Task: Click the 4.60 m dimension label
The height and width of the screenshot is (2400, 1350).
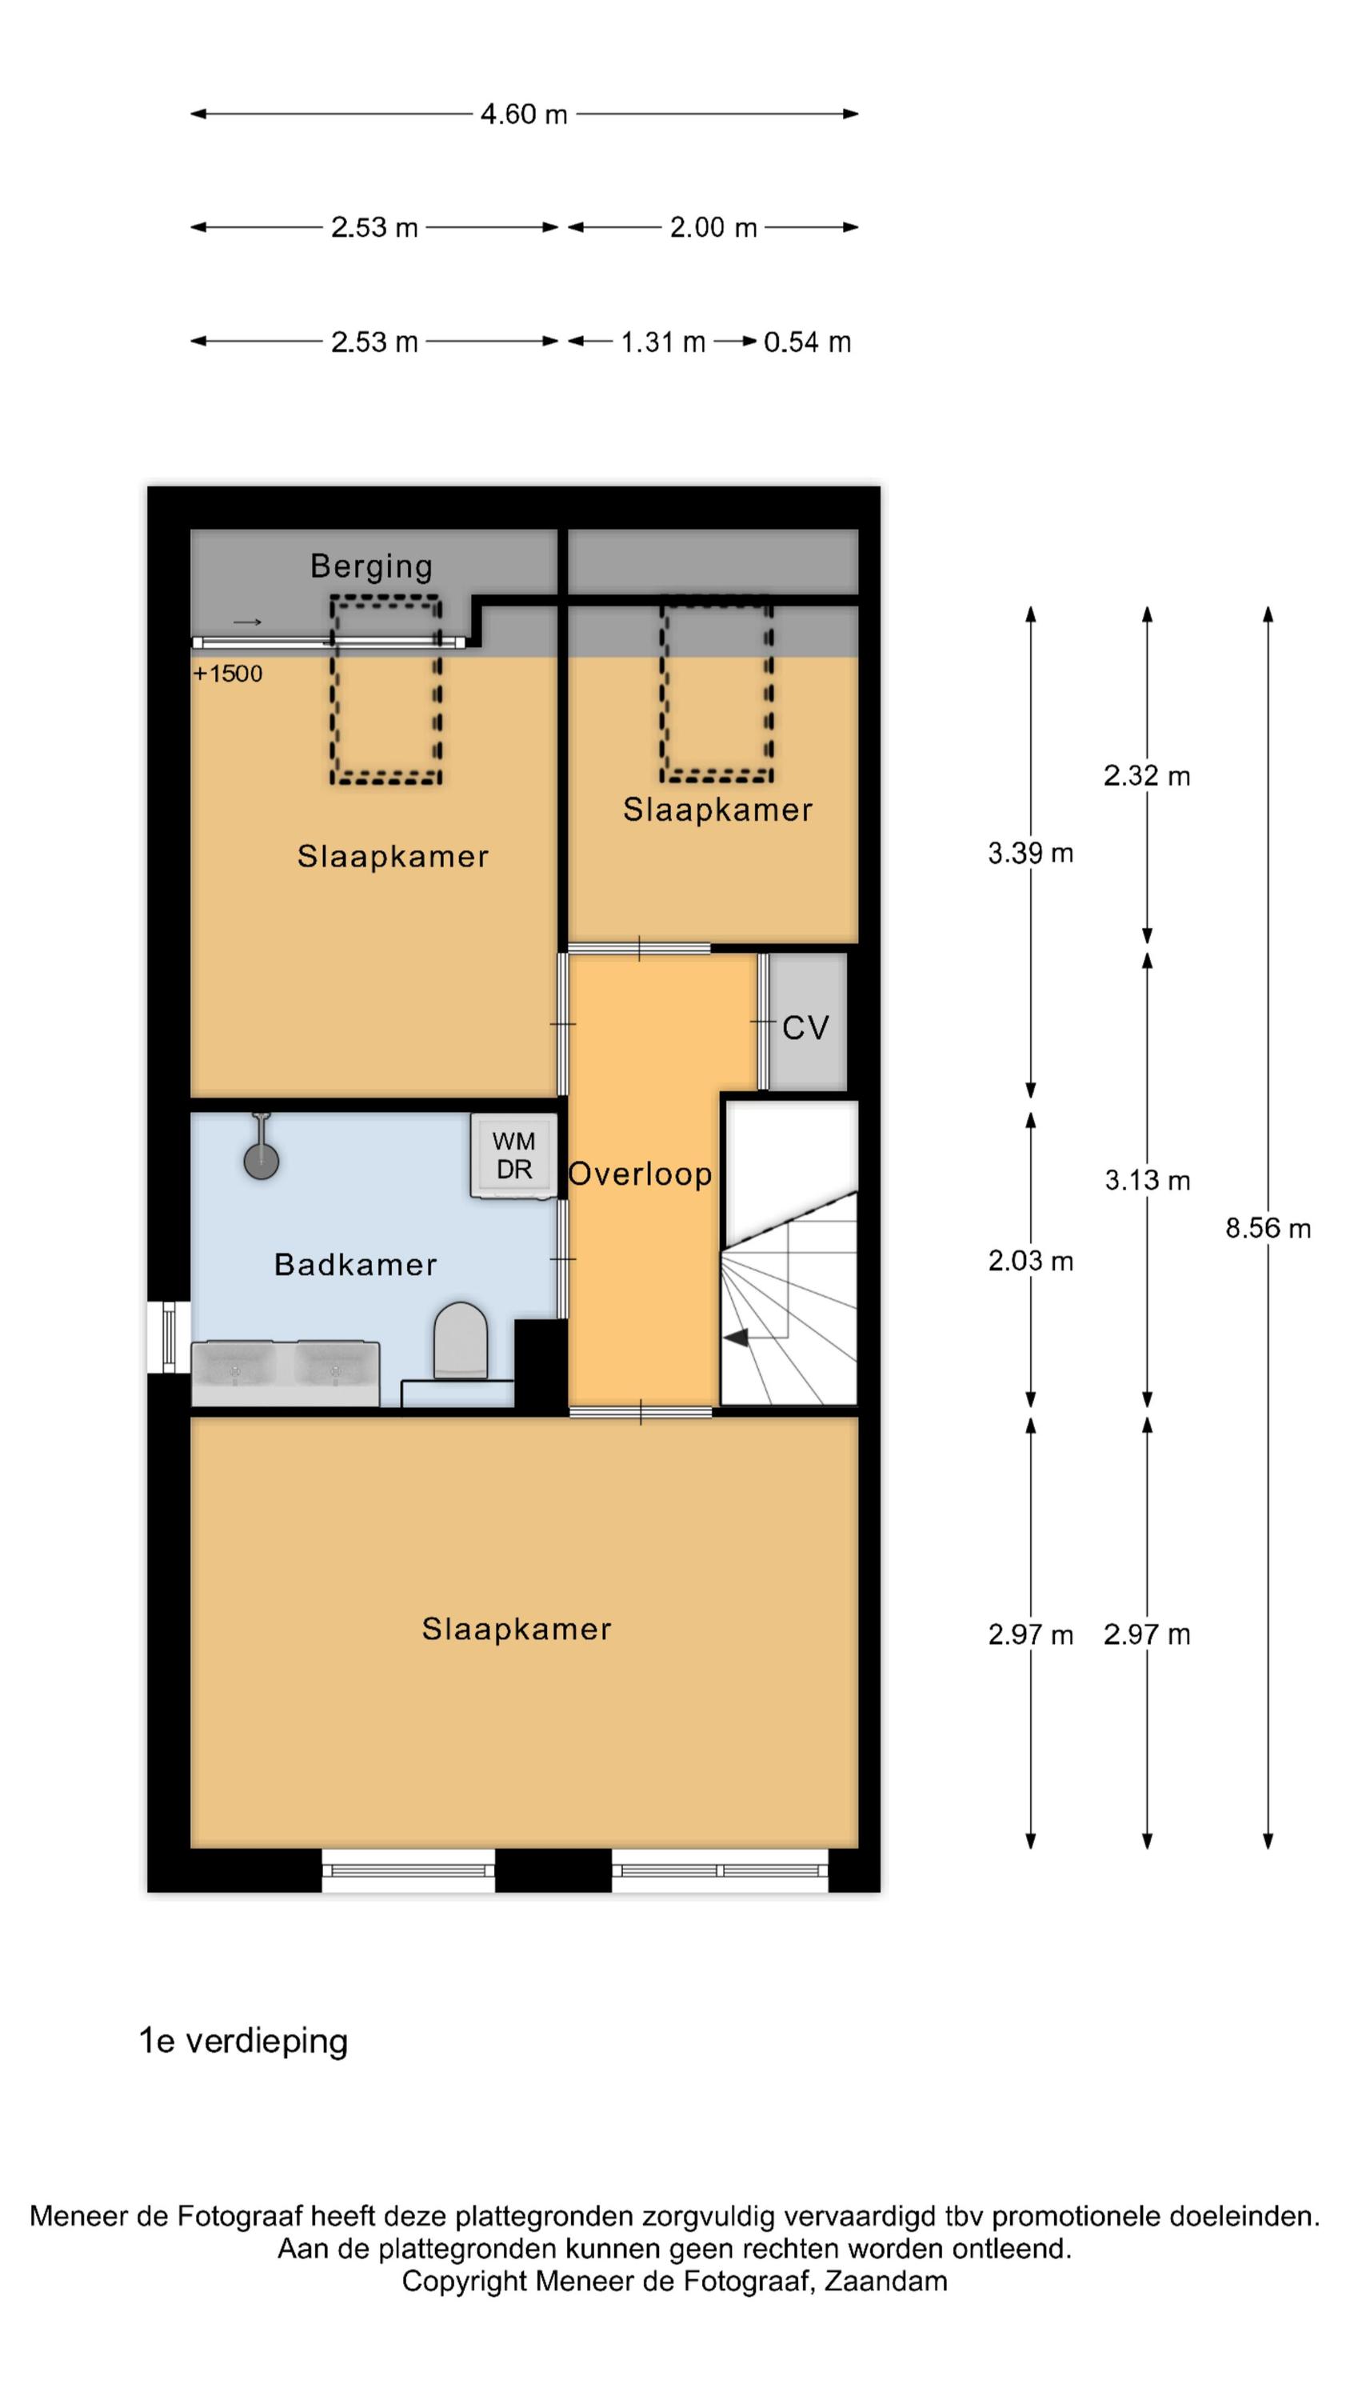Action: tap(524, 114)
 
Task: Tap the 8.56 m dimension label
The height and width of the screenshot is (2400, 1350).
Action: tap(1267, 1228)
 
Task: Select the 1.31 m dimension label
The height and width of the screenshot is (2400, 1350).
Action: tap(662, 342)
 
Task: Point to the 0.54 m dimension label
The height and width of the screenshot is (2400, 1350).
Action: tap(807, 342)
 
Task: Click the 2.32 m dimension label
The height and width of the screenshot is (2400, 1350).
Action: tap(1146, 775)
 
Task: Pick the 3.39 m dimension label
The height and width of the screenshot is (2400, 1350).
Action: tap(1030, 853)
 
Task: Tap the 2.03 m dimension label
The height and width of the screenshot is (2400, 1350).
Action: tap(1030, 1261)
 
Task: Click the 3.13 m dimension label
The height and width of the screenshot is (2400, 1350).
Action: tap(1147, 1181)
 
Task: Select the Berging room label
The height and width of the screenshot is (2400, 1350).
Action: tap(371, 566)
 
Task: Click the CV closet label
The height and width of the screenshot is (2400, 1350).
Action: tap(805, 1028)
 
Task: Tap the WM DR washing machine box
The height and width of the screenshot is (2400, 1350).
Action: tap(513, 1155)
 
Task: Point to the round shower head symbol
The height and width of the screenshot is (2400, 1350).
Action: tap(261, 1161)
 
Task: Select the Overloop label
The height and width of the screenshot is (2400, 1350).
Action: tap(640, 1174)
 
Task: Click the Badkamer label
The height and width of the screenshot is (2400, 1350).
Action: tap(355, 1264)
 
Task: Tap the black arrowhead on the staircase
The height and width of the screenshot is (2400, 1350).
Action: tap(736, 1338)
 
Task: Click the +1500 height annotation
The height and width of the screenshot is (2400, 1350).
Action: tap(228, 674)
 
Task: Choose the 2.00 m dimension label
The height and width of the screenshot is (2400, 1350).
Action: tap(713, 227)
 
